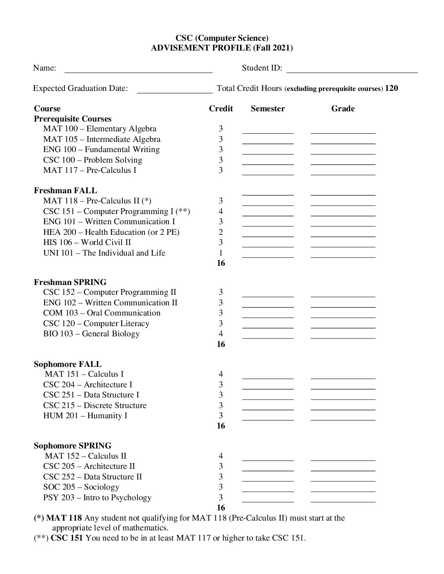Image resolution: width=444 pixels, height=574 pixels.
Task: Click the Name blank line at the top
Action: pos(138,69)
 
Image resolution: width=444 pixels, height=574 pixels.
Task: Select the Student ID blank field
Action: pos(352,69)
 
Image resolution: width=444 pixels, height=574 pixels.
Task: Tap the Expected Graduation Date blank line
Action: pos(174,90)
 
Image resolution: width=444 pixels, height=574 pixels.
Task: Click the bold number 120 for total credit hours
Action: pos(391,88)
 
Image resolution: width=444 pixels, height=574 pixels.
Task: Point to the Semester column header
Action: pos(268,109)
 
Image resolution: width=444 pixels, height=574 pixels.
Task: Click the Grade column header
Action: pos(343,109)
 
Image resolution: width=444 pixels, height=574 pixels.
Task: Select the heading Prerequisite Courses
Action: pos(73,119)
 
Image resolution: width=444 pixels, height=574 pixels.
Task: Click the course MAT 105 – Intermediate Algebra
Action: pos(102,139)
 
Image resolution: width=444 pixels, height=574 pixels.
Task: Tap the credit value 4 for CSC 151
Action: pos(221,211)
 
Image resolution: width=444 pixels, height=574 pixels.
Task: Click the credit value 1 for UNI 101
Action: pos(221,253)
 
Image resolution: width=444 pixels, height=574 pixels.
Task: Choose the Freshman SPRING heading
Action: pos(70,282)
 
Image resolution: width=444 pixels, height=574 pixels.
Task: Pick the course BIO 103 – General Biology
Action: pos(91,334)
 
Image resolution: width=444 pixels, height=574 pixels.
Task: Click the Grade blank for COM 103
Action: pos(343,315)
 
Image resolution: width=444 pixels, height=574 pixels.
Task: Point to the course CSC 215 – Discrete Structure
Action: pos(95,406)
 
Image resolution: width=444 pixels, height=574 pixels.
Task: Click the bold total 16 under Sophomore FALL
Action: pos(221,426)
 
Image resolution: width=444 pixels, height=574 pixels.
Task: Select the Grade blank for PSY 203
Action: pos(343,499)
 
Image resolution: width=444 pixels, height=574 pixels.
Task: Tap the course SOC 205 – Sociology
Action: pos(81,487)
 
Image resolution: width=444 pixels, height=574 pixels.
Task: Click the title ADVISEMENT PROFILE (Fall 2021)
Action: pos(222,48)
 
